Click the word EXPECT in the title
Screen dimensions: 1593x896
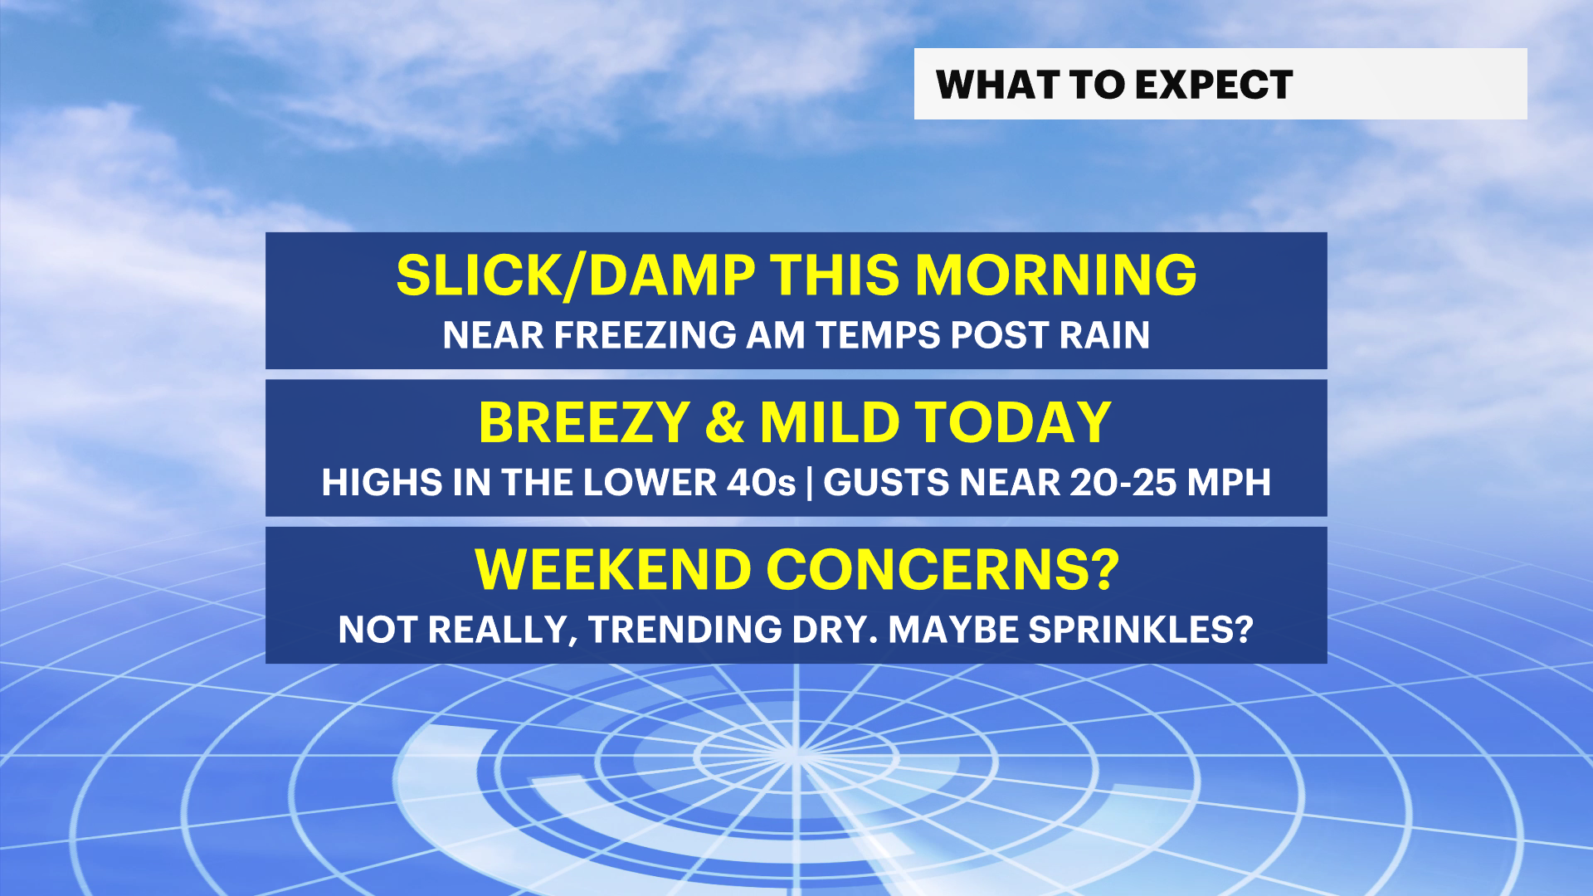tap(1214, 85)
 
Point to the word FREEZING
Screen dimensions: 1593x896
tap(645, 335)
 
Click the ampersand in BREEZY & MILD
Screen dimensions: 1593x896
tap(725, 422)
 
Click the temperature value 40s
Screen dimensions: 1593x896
tap(761, 483)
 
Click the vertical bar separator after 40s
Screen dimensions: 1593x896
tap(810, 483)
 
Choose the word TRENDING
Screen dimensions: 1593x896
tap(685, 630)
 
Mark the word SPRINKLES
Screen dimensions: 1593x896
tap(1131, 630)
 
